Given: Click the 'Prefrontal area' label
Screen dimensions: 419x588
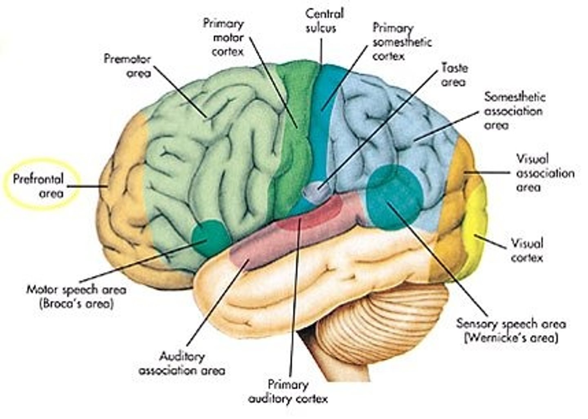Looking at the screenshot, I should click(38, 186).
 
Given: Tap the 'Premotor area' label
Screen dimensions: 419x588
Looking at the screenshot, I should click(127, 66).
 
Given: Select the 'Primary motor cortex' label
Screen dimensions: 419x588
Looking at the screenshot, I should click(224, 38).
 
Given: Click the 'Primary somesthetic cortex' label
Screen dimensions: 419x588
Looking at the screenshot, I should click(402, 42).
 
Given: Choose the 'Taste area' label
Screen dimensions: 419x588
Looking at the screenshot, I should click(454, 75).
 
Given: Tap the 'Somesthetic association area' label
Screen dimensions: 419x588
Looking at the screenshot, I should click(514, 111).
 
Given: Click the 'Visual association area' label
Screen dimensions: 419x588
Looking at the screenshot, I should click(545, 173).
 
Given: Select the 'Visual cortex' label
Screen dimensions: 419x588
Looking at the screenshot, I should click(527, 251).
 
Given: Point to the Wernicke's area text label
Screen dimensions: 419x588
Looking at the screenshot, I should click(511, 331).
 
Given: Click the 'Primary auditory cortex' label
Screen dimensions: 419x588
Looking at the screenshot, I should click(288, 391).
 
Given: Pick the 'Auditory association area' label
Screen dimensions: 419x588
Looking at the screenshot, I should click(182, 364).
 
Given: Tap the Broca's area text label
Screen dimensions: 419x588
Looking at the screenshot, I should click(76, 297).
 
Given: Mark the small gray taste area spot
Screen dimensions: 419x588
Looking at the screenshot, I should click(316, 189).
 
